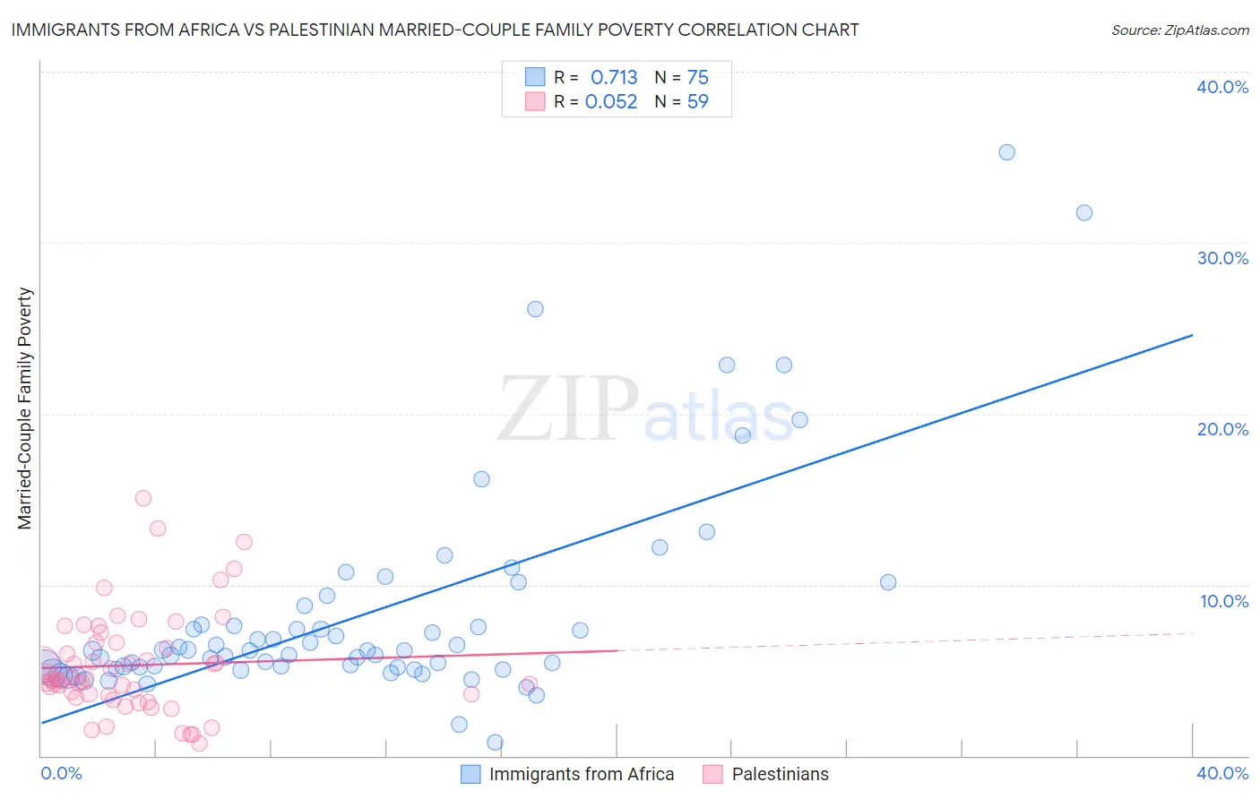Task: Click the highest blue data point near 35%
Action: (1006, 152)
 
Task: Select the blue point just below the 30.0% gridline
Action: (1083, 212)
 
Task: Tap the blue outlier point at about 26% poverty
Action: (535, 309)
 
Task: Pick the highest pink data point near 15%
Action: (143, 498)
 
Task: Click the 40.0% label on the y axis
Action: (1222, 87)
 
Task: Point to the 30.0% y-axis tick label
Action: (1222, 258)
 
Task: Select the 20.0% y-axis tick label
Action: (1222, 429)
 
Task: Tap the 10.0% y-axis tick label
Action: (1224, 601)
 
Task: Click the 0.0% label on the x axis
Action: (61, 773)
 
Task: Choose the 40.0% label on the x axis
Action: (1222, 773)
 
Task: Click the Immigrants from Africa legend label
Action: (582, 774)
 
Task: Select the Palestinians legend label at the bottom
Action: (780, 774)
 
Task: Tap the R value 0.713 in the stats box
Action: (614, 78)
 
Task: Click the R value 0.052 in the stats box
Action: (611, 102)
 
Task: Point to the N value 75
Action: (697, 78)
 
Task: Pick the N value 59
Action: (697, 102)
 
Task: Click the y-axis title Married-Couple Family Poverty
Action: (25, 408)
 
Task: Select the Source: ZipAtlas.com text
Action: (1179, 30)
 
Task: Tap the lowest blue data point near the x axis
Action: (495, 742)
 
